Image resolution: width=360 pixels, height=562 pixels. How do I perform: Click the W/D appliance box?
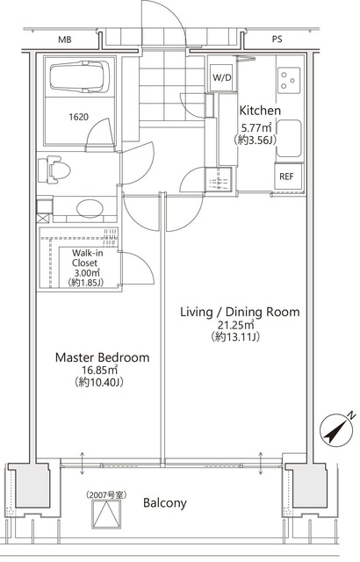click(222, 77)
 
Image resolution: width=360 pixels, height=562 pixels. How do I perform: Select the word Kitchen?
click(260, 111)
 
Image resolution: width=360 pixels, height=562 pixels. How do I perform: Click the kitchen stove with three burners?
click(289, 80)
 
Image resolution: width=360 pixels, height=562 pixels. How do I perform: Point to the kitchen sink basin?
click(289, 139)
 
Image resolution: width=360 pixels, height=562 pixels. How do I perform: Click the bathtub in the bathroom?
click(80, 76)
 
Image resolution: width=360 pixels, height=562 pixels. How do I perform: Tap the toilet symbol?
click(54, 169)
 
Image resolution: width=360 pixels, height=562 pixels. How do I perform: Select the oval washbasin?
click(90, 208)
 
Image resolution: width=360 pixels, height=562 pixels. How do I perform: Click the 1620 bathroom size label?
click(78, 117)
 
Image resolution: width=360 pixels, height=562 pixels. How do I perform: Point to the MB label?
click(65, 40)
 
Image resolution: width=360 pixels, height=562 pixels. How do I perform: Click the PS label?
click(277, 39)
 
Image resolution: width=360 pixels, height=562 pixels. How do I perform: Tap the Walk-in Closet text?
click(85, 258)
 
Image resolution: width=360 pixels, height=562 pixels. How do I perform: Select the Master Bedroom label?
click(103, 357)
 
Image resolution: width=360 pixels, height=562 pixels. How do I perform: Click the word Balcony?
click(165, 503)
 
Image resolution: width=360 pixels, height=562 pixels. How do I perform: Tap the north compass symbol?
click(335, 430)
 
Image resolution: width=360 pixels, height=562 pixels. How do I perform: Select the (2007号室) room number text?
click(106, 495)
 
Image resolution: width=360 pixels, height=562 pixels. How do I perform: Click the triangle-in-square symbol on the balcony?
click(106, 515)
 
